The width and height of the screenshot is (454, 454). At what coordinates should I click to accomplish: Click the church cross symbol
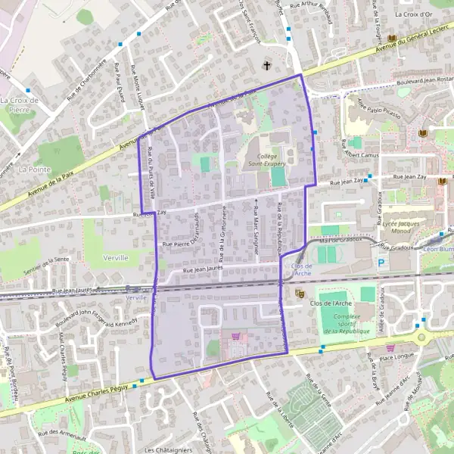(267, 66)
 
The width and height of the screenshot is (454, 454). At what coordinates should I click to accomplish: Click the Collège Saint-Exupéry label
(264, 159)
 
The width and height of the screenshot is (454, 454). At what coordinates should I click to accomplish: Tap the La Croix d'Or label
(414, 14)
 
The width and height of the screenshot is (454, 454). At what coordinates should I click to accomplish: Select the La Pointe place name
(34, 169)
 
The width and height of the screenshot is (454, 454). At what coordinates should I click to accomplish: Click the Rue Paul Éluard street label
(120, 78)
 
